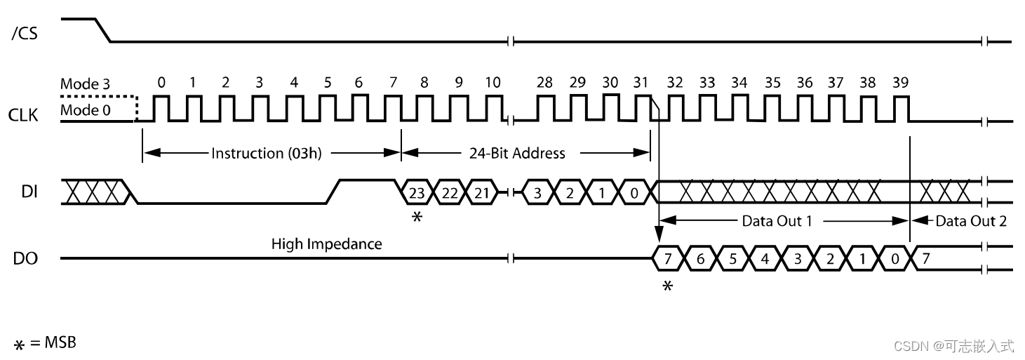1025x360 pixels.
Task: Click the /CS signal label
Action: [x=25, y=34]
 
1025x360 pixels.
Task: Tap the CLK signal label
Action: [x=23, y=114]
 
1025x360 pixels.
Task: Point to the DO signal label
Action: [x=25, y=260]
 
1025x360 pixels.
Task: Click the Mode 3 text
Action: [x=85, y=84]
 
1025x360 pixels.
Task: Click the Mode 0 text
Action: [x=85, y=110]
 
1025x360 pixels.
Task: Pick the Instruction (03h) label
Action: [x=267, y=153]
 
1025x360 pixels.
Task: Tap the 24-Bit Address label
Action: [x=517, y=153]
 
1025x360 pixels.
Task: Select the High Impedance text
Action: [x=326, y=244]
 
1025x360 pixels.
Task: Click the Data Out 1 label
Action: [x=777, y=221]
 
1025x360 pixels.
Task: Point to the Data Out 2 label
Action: [x=971, y=221]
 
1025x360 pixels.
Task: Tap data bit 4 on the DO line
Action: [x=765, y=260]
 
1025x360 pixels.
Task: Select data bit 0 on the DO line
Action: [x=895, y=260]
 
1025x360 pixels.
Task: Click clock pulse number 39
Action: [x=900, y=83]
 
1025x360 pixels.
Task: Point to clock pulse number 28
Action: [x=544, y=83]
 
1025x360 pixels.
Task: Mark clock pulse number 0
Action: [x=161, y=83]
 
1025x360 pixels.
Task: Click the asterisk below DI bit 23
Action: [x=417, y=218]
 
